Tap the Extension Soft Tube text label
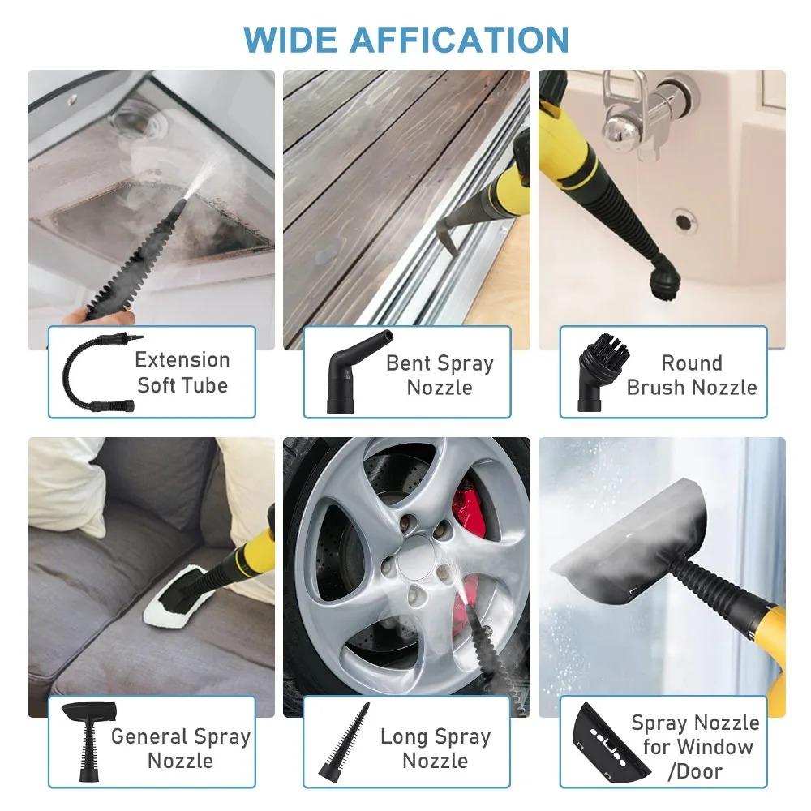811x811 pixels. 182,371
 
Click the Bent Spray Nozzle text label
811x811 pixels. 440,375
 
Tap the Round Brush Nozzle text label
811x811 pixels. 692,375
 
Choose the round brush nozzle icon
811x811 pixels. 599,373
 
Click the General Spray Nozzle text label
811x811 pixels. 181,749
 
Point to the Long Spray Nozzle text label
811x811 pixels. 436,749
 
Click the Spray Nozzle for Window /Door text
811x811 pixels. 695,746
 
